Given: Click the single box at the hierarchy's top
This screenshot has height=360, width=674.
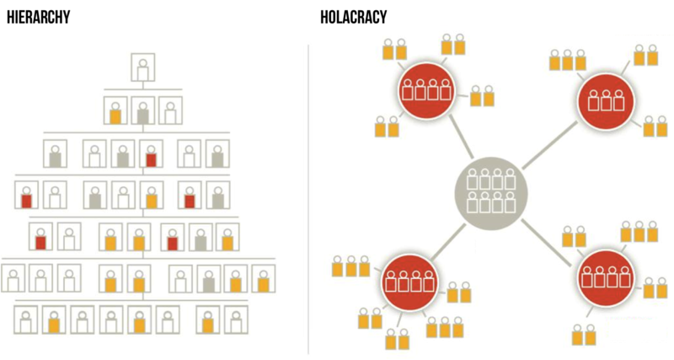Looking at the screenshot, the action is (x=143, y=68).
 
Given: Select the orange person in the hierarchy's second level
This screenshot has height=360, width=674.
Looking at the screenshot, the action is (x=115, y=112).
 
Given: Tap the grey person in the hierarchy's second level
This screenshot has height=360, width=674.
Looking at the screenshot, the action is (x=143, y=112).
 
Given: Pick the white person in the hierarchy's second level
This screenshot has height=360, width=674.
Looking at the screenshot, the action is (x=171, y=112).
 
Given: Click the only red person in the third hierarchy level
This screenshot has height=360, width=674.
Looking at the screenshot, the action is (x=151, y=155).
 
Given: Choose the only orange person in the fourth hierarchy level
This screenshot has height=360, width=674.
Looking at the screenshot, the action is (x=151, y=198).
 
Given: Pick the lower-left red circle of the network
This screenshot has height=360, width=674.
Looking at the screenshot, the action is (x=410, y=279).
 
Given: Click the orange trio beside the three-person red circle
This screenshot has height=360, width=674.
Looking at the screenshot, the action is (x=567, y=60).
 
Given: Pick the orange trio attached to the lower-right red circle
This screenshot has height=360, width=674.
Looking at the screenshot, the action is (x=639, y=232).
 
